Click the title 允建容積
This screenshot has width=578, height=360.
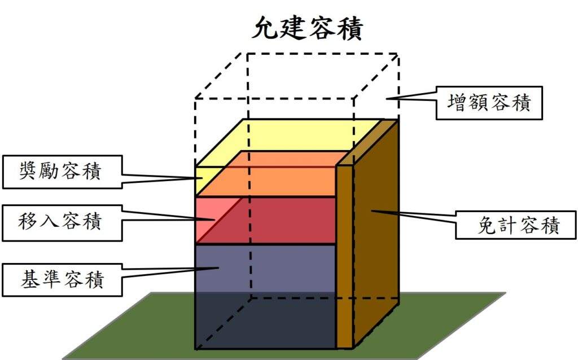308,27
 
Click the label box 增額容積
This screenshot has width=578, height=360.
489,103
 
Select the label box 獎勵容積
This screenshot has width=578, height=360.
62,172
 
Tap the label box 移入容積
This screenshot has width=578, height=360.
62,223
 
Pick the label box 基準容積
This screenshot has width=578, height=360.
62,280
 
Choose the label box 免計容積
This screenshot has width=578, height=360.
516,225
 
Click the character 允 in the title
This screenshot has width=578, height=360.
265,28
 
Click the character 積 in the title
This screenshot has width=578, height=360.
350,28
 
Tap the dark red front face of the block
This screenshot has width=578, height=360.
273,221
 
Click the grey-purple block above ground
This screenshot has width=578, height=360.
265,268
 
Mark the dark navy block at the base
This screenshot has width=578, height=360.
265,321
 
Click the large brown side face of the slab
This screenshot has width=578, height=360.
376,232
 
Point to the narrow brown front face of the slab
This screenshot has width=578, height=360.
345,257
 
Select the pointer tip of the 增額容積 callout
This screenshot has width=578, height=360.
387,98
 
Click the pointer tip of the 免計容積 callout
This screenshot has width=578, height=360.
371,211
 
